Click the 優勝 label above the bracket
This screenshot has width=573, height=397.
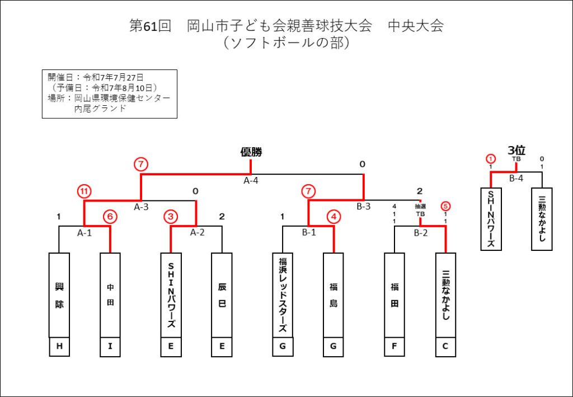[251, 152]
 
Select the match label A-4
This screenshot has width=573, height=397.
[251, 180]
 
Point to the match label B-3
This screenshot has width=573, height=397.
[364, 207]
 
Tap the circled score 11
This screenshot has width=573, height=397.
[84, 191]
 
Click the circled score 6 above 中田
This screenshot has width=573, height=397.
[110, 217]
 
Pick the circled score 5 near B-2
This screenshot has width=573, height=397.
[445, 206]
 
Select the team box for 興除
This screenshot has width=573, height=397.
[59, 295]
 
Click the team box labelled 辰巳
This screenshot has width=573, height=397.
[222, 295]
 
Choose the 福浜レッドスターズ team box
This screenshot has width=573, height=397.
[283, 295]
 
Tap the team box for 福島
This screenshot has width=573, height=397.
[334, 295]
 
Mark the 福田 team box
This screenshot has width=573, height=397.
[394, 295]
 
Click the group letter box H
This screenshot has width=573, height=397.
[59, 347]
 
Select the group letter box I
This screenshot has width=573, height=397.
[110, 347]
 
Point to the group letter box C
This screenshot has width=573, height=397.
[445, 347]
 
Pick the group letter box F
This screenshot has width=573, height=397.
[394, 347]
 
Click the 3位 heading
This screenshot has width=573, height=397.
[516, 150]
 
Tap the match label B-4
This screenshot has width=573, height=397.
[516, 179]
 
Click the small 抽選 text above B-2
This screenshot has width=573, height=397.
[420, 207]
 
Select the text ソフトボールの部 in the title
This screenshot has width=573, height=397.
[286, 43]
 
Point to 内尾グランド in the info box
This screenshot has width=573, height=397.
[100, 109]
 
